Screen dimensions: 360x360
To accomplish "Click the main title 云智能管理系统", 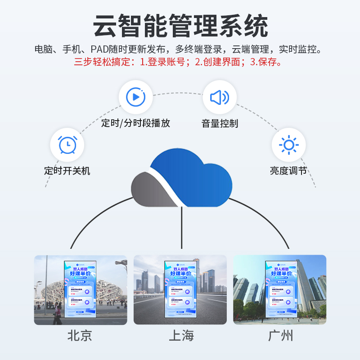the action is coord(180,26).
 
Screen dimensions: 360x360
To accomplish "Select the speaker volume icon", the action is coord(220,97).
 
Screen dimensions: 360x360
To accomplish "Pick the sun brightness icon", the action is coord(288,145).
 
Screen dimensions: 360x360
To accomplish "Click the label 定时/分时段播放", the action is coord(135,123).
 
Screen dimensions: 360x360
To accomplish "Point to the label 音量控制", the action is coord(220,123).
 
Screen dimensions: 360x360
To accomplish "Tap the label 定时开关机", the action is coord(67,171).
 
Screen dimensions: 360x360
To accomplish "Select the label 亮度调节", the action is coord(288,171).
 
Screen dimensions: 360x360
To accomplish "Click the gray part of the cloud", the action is coord(151,189).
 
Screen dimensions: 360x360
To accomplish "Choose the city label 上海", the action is coord(181,336).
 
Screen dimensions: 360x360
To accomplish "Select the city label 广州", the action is coord(280,336).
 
